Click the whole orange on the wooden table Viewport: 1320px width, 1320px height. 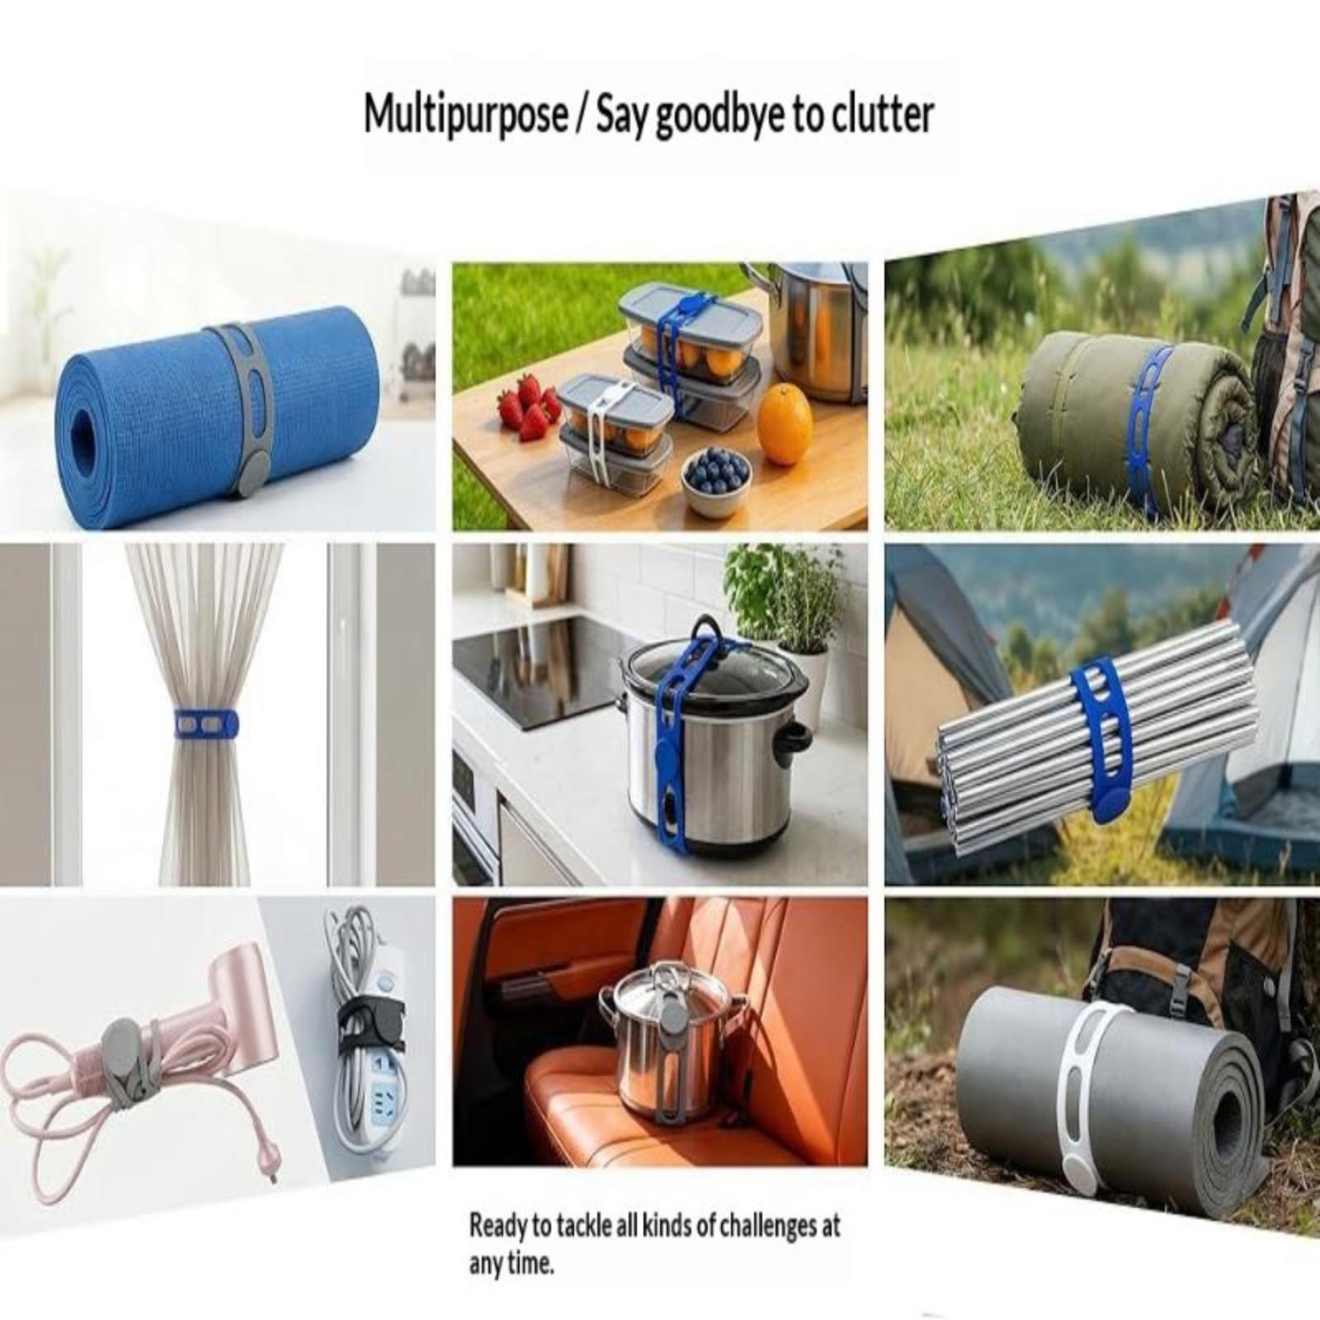click(785, 426)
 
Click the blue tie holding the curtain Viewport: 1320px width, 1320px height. click(206, 723)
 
